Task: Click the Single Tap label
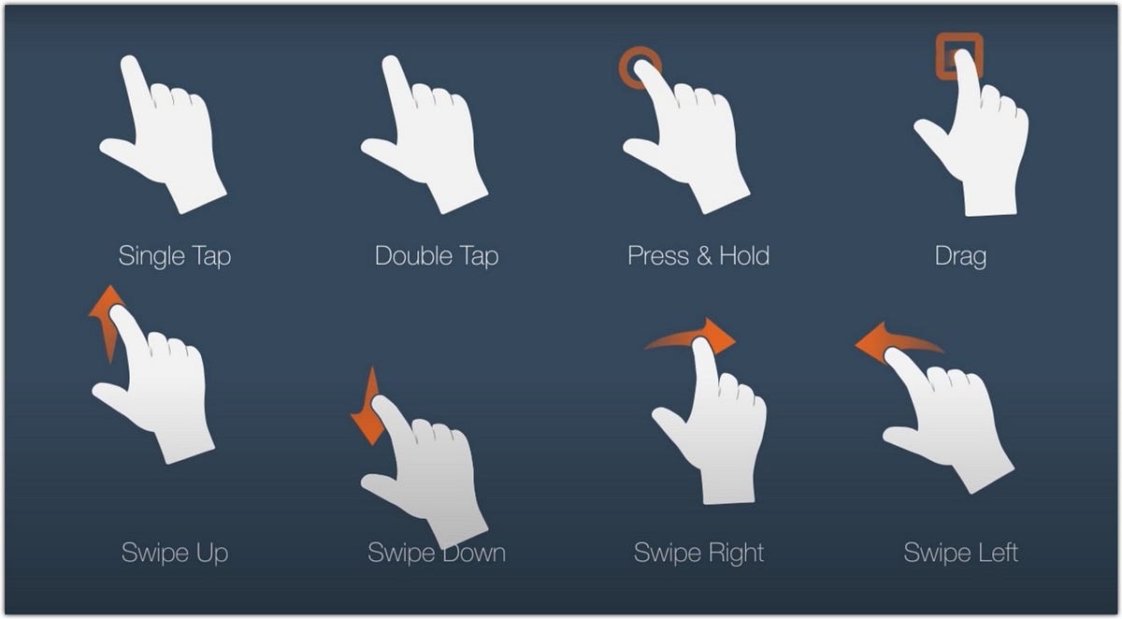[x=174, y=255]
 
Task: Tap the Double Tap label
[x=436, y=255]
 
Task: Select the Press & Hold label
[x=698, y=255]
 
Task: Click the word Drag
[x=960, y=255]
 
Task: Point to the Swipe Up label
[x=174, y=552]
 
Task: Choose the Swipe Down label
[x=436, y=552]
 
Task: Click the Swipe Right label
[x=698, y=552]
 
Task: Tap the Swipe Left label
[x=960, y=552]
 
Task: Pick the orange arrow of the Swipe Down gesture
[x=367, y=411]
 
